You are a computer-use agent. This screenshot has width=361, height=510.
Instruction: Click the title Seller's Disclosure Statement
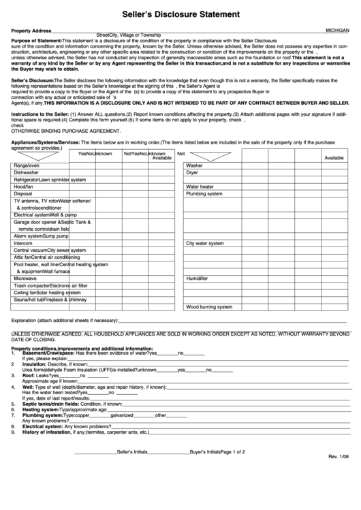[180, 13]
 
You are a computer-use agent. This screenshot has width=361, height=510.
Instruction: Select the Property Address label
[32, 31]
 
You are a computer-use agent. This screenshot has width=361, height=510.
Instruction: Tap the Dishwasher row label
[27, 172]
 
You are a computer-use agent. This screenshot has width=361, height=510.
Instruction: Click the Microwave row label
[26, 278]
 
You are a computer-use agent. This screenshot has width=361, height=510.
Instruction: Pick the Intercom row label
[24, 242]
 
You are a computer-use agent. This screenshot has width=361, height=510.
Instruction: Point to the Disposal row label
[23, 193]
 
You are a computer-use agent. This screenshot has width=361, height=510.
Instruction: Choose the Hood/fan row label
[24, 187]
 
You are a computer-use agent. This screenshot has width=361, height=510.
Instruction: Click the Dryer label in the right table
[193, 172]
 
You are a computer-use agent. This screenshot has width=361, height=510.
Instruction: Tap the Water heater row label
[200, 187]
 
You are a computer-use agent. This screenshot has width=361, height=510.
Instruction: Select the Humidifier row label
[198, 278]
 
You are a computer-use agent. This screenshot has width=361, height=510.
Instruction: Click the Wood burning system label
[209, 306]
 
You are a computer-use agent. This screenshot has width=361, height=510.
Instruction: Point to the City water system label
[205, 242]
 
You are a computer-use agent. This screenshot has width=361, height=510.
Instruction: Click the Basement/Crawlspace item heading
[48, 353]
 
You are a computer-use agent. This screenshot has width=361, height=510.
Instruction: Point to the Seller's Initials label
[133, 452]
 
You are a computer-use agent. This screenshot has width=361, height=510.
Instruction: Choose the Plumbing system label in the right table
[204, 193]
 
